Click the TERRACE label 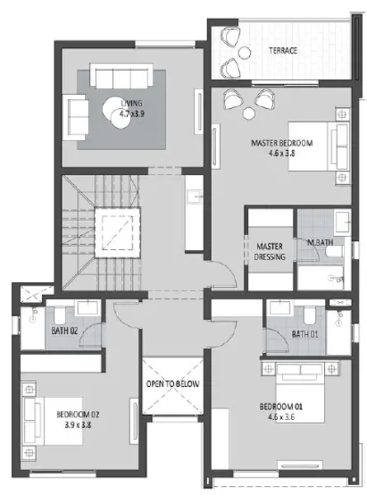pyautogui.click(x=283, y=50)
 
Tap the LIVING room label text pyautogui.click(x=132, y=103)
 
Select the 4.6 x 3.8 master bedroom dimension pyautogui.click(x=282, y=153)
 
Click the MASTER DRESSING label pyautogui.click(x=270, y=252)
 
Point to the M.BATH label pyautogui.click(x=320, y=243)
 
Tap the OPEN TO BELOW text pyautogui.click(x=172, y=384)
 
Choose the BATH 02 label pyautogui.click(x=64, y=331)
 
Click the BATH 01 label pyautogui.click(x=305, y=334)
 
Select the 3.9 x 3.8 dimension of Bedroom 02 pyautogui.click(x=78, y=425)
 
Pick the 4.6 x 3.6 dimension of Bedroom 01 pyautogui.click(x=281, y=417)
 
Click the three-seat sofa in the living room pyautogui.click(x=121, y=75)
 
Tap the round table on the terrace pyautogui.click(x=245, y=53)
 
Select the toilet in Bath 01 pyautogui.click(x=309, y=316)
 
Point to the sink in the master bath pyautogui.click(x=342, y=222)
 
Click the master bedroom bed pyautogui.click(x=318, y=147)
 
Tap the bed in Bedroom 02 pyautogui.click(x=53, y=421)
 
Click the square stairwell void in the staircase pyautogui.click(x=117, y=233)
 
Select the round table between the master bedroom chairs pyautogui.click(x=249, y=113)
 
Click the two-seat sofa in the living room pyautogui.click(x=76, y=117)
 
